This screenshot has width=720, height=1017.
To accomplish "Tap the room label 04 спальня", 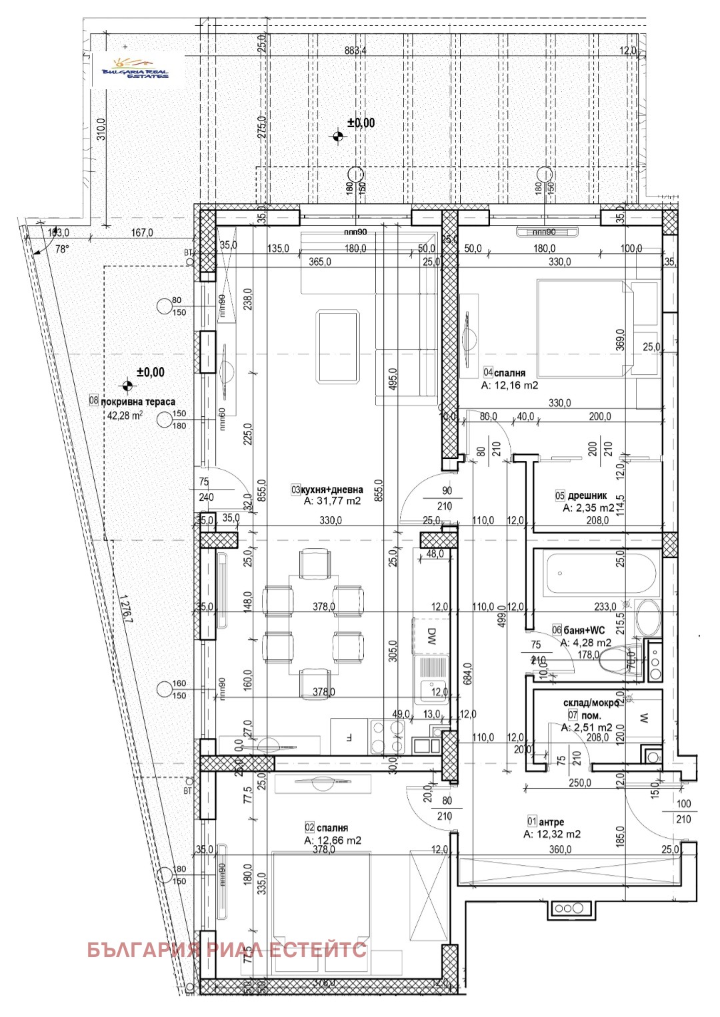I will tap(505, 373).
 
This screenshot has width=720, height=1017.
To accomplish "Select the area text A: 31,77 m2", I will tap(332, 501).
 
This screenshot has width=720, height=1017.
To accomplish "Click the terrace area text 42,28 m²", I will tap(125, 415).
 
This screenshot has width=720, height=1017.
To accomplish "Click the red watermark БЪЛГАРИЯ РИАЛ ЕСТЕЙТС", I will tap(227, 949).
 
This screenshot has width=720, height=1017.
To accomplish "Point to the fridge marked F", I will tap(349, 737).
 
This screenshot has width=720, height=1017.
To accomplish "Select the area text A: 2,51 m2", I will tap(587, 727).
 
